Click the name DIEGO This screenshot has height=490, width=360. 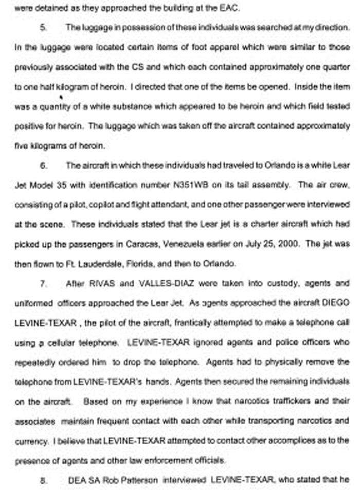pos(337,303)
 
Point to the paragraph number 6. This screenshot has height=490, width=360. pos(44,166)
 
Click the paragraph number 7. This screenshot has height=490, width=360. pos(44,283)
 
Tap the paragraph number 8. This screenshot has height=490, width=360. pos(44,480)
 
